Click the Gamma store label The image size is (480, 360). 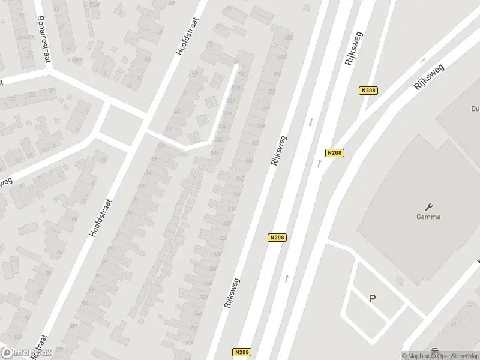pos(428,217)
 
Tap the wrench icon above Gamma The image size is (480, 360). pos(428,206)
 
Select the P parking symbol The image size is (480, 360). pos(372,298)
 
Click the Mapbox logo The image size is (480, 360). pos(26,353)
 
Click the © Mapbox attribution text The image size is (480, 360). pos(416,356)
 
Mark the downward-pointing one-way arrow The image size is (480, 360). pos(311,122)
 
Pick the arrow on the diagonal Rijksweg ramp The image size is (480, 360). pos(422,60)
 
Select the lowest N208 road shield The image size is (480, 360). pos(242,352)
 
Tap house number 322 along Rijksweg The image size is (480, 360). pos(227,223)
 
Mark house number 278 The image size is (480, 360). pos(289,38)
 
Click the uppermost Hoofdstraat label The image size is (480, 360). pos(187,36)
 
